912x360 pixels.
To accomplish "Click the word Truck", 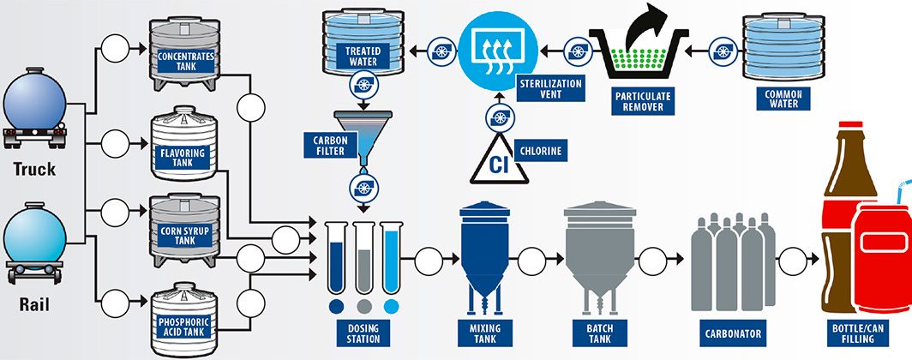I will [x=34, y=169].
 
